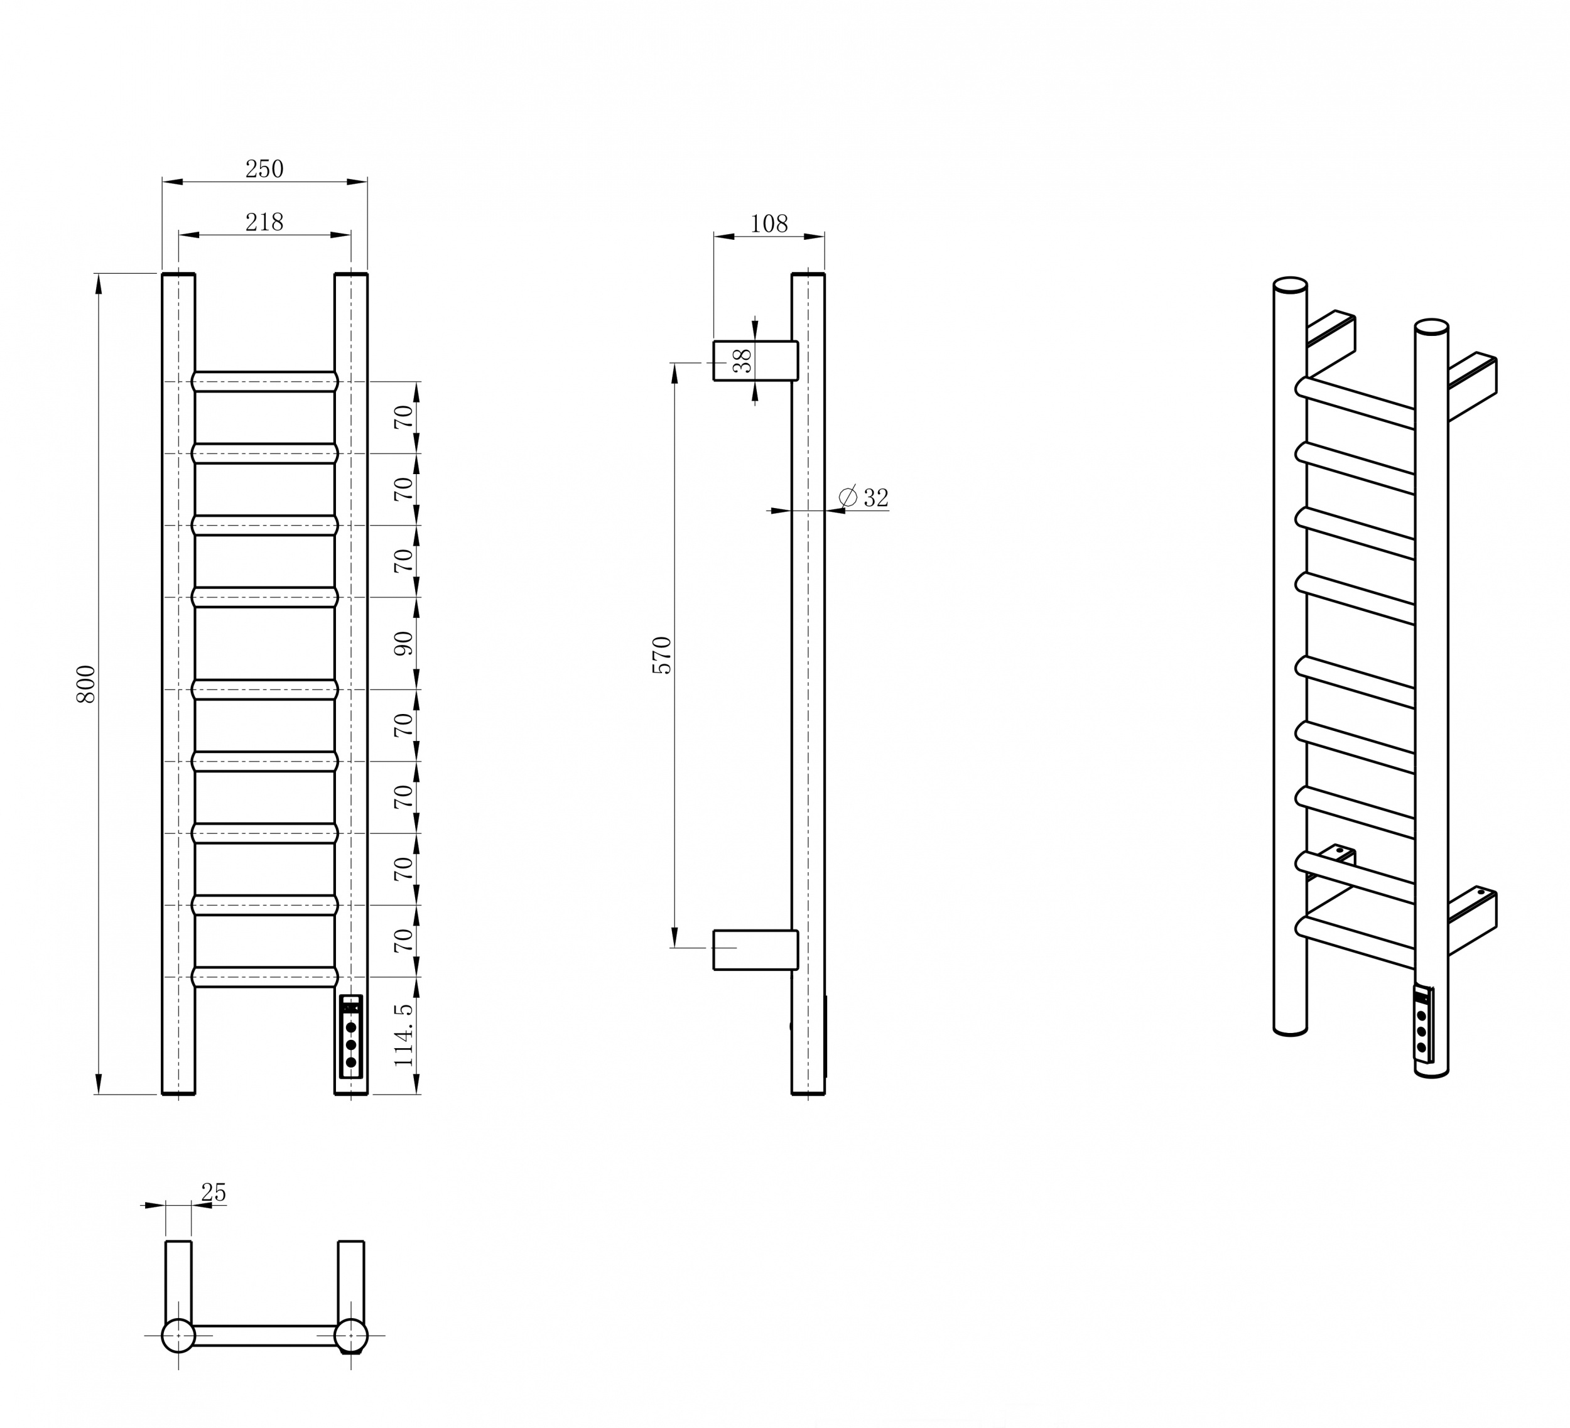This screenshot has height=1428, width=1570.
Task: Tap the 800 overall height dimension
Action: tap(85, 684)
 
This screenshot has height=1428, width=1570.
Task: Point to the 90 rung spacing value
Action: tap(403, 643)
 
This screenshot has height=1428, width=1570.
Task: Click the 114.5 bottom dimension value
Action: tap(403, 1035)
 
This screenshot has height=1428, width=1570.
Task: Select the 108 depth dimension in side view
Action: tap(769, 224)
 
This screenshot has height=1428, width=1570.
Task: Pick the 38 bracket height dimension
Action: tap(743, 360)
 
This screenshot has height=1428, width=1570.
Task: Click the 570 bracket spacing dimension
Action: tap(662, 655)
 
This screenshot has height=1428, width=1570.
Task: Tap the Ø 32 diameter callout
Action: tap(863, 497)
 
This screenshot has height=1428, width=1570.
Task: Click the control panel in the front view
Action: tap(351, 1036)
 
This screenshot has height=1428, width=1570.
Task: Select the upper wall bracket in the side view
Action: tap(755, 360)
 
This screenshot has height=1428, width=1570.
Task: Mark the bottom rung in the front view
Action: tap(265, 977)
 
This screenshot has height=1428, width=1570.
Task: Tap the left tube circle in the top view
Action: tap(178, 1336)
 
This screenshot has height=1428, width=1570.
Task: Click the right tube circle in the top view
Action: tap(351, 1336)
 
